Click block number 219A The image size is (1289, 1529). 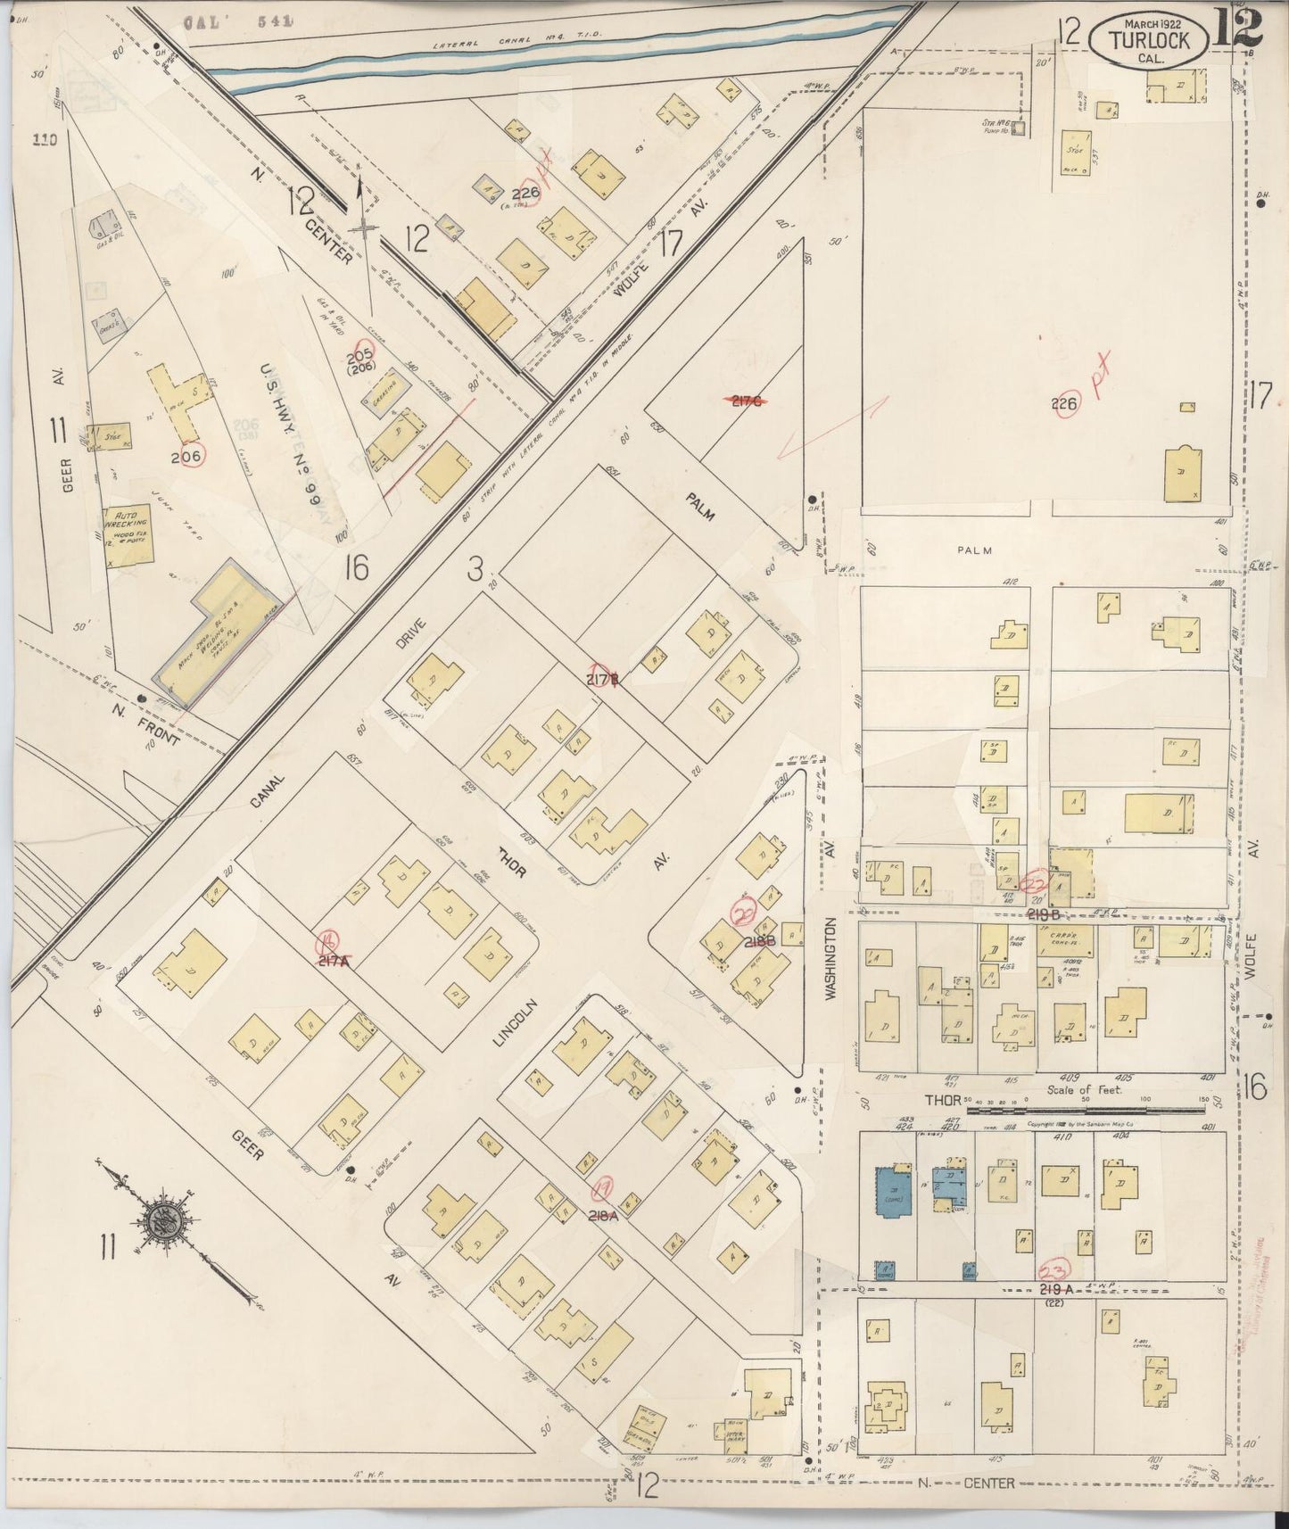pyautogui.click(x=1060, y=1290)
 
